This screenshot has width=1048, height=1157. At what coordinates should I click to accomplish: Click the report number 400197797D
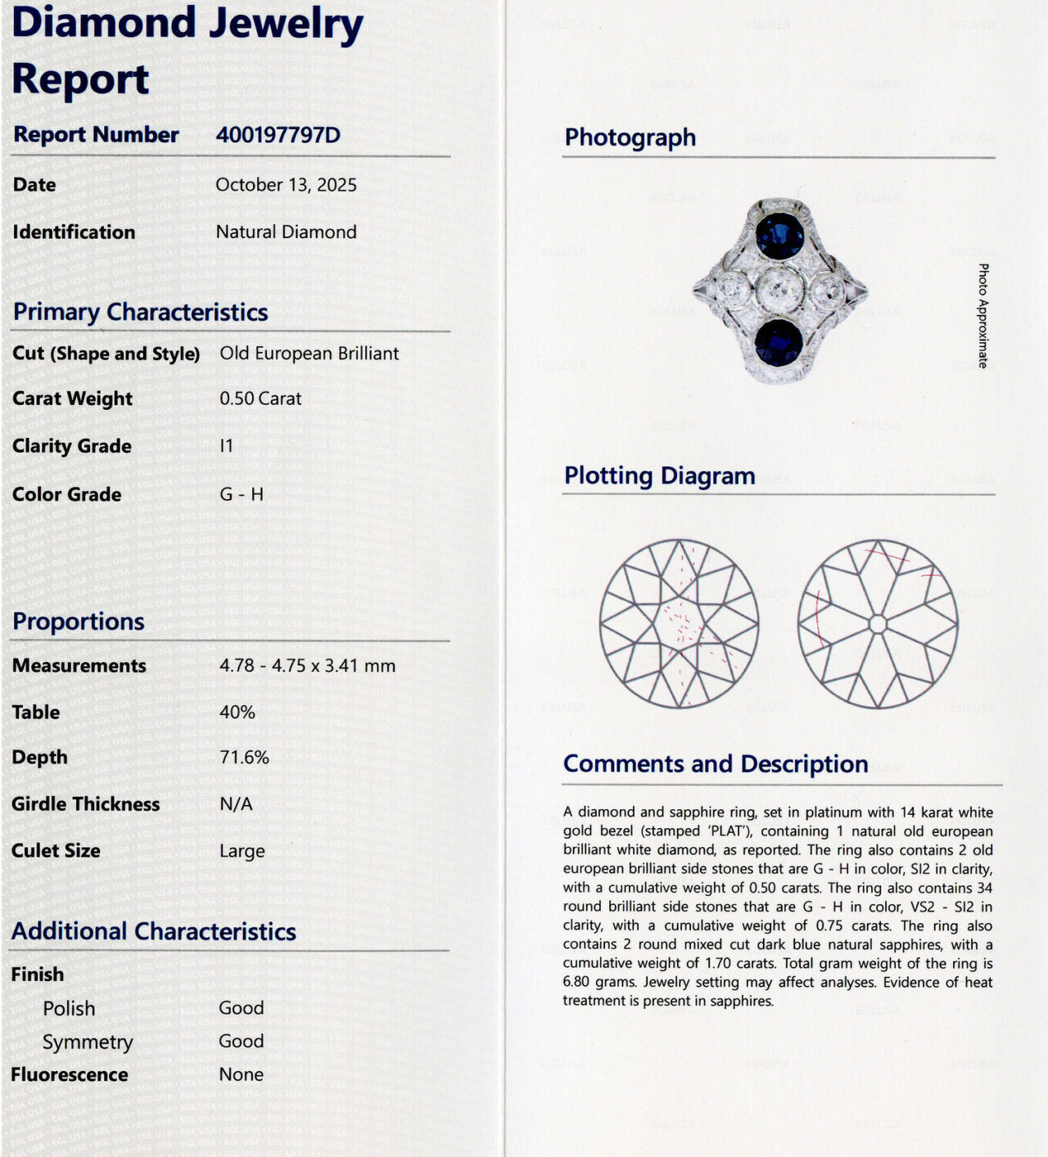[278, 135]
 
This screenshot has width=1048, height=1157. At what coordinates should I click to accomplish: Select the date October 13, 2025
[286, 185]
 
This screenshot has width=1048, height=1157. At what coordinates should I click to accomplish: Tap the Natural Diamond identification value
[286, 232]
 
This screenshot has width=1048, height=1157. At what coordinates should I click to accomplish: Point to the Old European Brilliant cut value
[309, 353]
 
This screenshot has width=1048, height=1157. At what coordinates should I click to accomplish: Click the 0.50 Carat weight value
[260, 399]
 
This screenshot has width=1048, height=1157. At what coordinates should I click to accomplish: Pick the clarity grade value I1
[227, 446]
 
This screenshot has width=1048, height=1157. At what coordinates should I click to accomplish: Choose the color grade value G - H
[242, 494]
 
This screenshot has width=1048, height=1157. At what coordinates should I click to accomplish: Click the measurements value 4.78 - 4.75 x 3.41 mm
[307, 666]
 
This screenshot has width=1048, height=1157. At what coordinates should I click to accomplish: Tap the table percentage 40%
[237, 713]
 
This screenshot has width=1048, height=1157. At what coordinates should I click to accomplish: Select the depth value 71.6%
[244, 758]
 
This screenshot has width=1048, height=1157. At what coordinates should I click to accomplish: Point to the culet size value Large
[242, 851]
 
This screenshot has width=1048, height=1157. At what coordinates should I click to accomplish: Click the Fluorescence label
[70, 1074]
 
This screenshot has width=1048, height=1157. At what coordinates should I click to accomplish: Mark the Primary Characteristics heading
[140, 313]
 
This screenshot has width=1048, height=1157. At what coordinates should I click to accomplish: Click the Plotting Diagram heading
[659, 476]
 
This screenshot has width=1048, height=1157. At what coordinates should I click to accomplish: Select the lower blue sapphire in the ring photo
[779, 341]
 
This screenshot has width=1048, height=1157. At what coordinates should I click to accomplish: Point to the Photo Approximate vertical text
[982, 316]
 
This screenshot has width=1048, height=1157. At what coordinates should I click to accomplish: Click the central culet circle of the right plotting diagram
[878, 624]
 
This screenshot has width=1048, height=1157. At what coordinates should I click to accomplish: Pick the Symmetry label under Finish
[88, 1042]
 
